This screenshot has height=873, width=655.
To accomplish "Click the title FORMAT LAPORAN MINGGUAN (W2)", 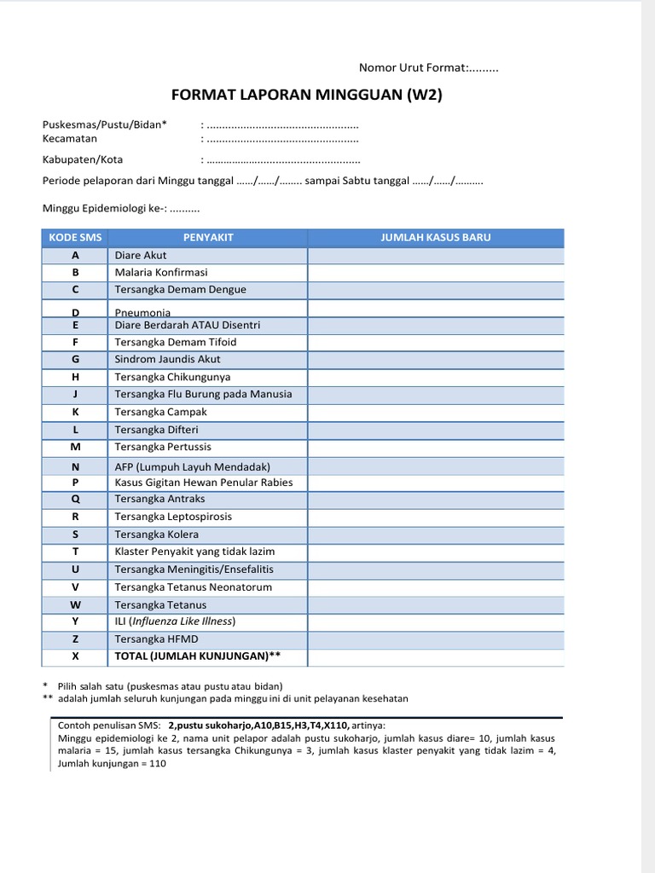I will (x=306, y=95).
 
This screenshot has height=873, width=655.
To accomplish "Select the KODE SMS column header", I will (x=75, y=237).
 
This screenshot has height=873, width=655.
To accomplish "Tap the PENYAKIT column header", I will (x=208, y=237).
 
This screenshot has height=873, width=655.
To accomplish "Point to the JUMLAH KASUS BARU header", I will (x=435, y=237).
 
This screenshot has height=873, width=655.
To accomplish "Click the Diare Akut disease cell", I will (x=141, y=255).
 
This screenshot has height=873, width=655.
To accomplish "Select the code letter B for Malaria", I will (x=75, y=272).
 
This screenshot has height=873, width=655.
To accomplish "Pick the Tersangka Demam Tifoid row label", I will (x=176, y=342).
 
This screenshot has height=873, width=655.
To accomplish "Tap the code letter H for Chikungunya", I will (x=75, y=377).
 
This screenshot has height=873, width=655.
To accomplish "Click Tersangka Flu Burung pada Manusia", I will (x=203, y=394).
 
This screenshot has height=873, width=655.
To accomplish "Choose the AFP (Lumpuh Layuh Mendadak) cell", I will (x=192, y=466).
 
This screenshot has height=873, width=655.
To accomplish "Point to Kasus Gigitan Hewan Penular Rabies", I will (x=203, y=482).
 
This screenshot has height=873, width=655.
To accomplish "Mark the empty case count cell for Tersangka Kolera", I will (x=435, y=535).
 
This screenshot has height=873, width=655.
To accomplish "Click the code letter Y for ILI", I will (x=75, y=622).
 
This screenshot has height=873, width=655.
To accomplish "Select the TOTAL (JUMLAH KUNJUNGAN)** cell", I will (x=198, y=656).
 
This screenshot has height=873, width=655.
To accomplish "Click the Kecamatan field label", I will (x=70, y=138).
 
